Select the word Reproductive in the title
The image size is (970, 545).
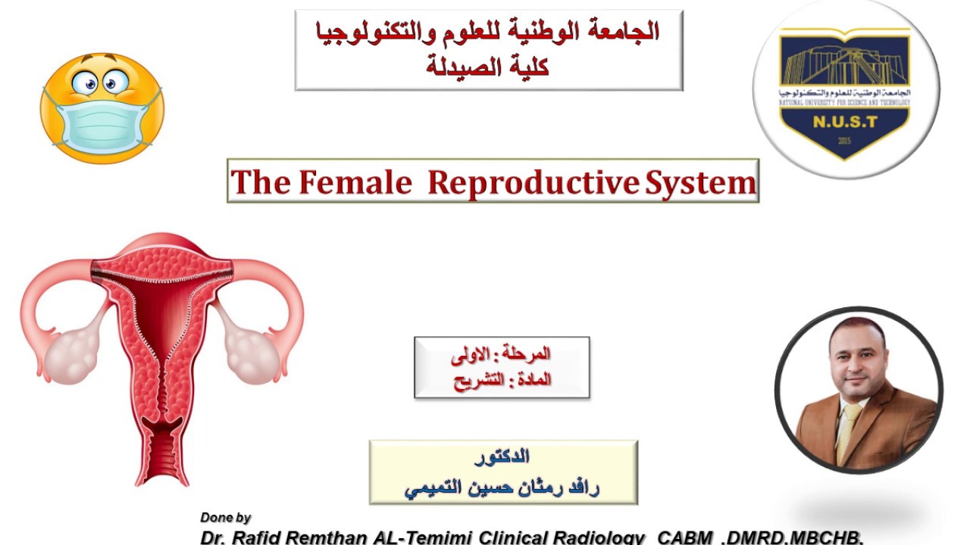(534, 182)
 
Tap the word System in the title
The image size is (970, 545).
(700, 182)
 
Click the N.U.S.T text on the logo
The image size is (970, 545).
(846, 120)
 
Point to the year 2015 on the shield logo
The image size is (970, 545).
(846, 141)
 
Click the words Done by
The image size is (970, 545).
(225, 518)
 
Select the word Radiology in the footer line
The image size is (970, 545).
(603, 537)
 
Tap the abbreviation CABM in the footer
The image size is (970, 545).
(685, 537)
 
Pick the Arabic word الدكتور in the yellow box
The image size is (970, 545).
(502, 456)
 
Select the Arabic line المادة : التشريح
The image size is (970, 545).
(502, 380)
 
